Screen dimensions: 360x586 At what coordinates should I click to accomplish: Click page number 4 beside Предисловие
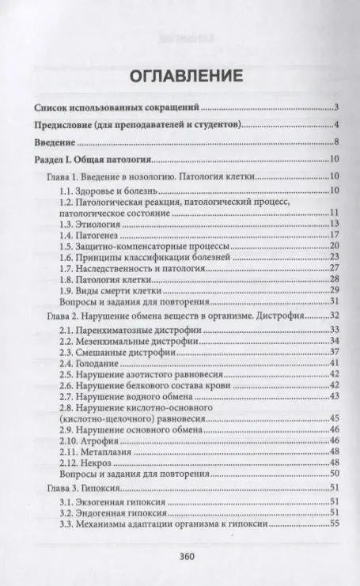[x=336, y=124]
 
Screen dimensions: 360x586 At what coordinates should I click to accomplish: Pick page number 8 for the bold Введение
[x=336, y=142]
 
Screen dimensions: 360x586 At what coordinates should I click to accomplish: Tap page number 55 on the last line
[x=334, y=523]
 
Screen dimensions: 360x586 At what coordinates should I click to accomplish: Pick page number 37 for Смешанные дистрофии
[x=334, y=351]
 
